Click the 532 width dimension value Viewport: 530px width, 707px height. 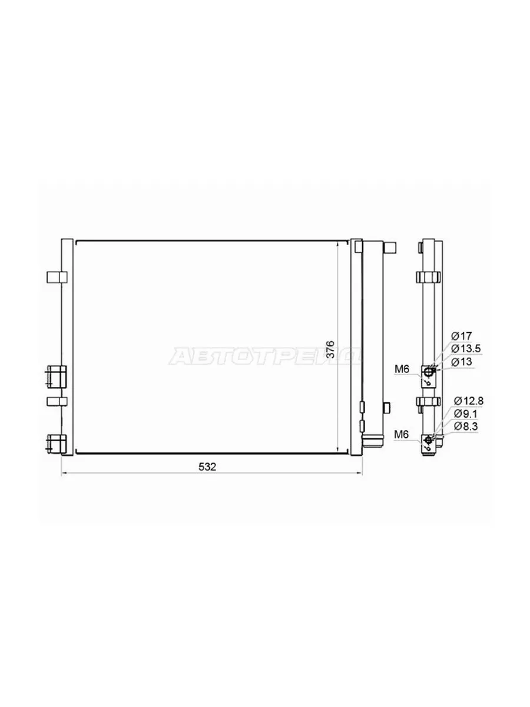click(207, 467)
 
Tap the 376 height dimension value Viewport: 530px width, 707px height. click(330, 349)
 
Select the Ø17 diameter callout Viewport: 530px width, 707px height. click(461, 336)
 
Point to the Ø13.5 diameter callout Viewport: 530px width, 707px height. click(466, 348)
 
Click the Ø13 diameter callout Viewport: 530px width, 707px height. click(461, 362)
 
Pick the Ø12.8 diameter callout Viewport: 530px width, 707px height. click(469, 401)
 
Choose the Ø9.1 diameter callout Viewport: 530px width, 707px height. click(466, 414)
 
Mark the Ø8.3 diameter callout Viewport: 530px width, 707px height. click(466, 426)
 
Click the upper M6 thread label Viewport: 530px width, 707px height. click(402, 369)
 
